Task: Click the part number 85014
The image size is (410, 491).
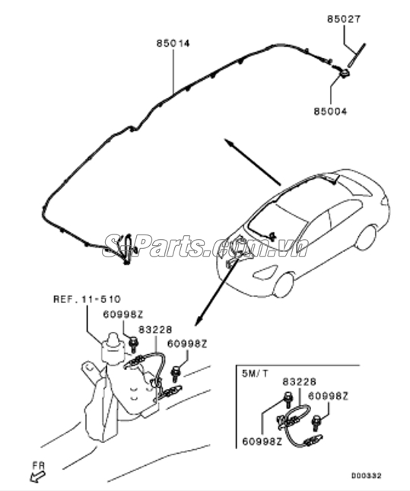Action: tap(173, 43)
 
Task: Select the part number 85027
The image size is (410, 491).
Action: tap(344, 19)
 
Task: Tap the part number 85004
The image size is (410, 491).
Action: tap(330, 111)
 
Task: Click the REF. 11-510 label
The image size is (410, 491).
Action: tap(87, 299)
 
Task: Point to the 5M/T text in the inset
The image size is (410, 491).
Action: tap(255, 374)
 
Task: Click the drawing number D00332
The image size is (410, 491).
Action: tap(366, 476)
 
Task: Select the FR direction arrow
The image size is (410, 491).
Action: tap(38, 477)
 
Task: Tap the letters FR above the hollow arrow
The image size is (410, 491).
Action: tap(39, 466)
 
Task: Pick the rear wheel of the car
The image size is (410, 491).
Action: tap(366, 238)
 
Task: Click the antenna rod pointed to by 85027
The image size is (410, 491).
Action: tap(357, 56)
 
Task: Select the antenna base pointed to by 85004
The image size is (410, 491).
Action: tap(345, 74)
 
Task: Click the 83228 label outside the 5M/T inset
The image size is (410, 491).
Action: tap(155, 330)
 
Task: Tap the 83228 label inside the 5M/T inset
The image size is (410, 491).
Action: tap(300, 381)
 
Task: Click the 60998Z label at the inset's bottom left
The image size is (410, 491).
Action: tap(262, 442)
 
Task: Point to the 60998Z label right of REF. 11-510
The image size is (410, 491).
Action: tap(123, 314)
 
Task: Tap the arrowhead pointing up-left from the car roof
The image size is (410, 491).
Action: tap(229, 142)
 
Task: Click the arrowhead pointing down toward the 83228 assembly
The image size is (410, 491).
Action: tap(199, 321)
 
